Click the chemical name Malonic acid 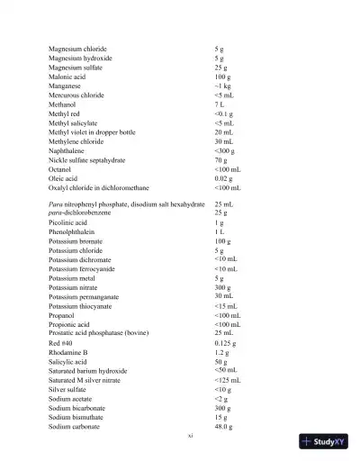tap(68, 77)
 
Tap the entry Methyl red tap(67, 114)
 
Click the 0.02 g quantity tap(224, 178)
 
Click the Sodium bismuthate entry tap(77, 417)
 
